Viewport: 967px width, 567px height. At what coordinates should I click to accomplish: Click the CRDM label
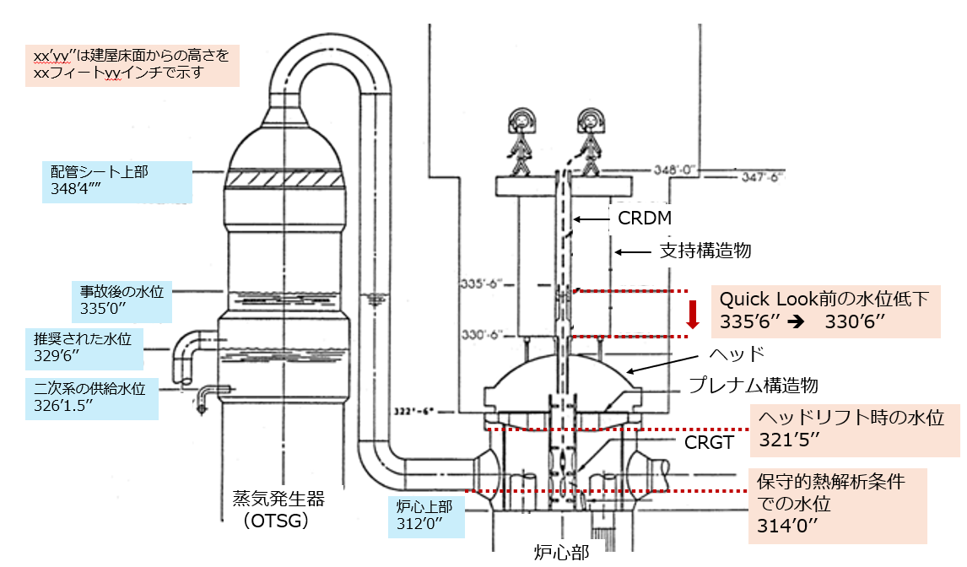pos(645,218)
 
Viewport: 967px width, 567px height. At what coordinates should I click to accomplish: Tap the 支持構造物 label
pos(705,251)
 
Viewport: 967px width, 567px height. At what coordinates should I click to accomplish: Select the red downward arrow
pos(693,314)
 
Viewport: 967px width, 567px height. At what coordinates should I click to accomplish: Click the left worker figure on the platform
pos(521,142)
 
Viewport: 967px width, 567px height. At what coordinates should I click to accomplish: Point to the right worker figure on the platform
pos(591,142)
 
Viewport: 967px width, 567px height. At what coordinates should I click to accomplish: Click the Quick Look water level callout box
pos(826,311)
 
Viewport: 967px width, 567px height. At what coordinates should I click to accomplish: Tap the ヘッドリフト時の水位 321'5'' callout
pos(854,430)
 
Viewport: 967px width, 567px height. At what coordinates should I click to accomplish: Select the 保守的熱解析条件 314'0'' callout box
pos(838,506)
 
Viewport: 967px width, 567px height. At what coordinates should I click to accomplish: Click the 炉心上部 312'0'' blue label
pos(426,516)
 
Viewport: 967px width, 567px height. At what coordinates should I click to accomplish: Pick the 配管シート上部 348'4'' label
pos(117,182)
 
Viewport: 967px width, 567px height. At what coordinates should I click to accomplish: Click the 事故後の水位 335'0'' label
pos(122,301)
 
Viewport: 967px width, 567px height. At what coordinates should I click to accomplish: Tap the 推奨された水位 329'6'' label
pos(84,348)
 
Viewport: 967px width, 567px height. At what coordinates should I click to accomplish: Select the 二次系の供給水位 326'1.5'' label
pos(92,398)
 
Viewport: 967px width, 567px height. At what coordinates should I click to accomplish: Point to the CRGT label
pos(709,442)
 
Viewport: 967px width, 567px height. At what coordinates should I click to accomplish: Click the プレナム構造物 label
pos(753,385)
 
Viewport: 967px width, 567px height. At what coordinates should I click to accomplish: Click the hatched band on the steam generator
pos(284,178)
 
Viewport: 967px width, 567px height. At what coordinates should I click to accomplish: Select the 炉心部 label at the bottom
pos(561,552)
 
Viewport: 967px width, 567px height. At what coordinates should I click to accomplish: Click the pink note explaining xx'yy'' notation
pos(132,65)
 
